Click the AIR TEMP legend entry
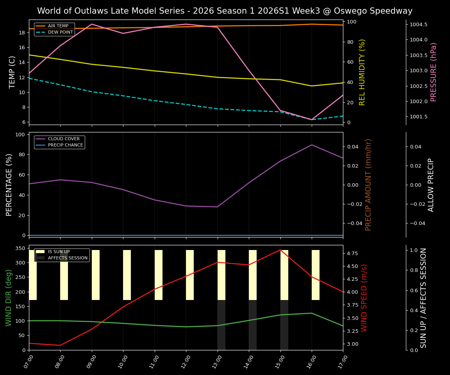(58, 26)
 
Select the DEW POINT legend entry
(60, 32)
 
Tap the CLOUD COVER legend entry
(64, 139)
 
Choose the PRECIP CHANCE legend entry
(65, 145)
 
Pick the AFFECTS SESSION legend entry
(68, 258)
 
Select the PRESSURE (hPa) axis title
(434, 72)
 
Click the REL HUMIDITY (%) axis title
(362, 72)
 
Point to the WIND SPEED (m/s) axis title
(364, 298)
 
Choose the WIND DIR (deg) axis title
(9, 298)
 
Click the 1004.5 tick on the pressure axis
(418, 25)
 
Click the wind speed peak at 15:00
(280, 250)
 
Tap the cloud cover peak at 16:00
(312, 145)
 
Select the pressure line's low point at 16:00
(312, 120)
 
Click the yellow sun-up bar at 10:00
(127, 275)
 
